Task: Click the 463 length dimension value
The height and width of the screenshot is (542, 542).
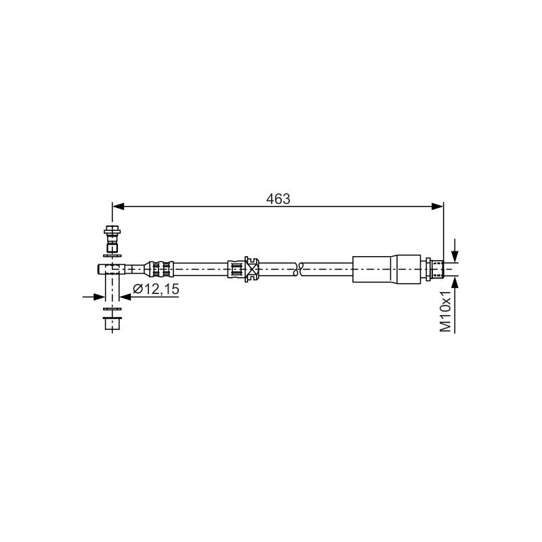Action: point(278,199)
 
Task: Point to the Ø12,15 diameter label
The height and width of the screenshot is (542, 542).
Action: point(157,289)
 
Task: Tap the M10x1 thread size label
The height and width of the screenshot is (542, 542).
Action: point(446,312)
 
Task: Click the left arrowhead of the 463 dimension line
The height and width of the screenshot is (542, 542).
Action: point(118,207)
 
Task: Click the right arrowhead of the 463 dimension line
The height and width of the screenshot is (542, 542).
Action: point(438,207)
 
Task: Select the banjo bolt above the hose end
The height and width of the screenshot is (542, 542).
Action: point(112,239)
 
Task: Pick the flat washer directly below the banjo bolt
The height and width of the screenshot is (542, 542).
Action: point(112,256)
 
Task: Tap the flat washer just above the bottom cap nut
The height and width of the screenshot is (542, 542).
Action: point(112,309)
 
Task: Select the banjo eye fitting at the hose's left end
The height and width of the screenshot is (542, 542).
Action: point(111,269)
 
